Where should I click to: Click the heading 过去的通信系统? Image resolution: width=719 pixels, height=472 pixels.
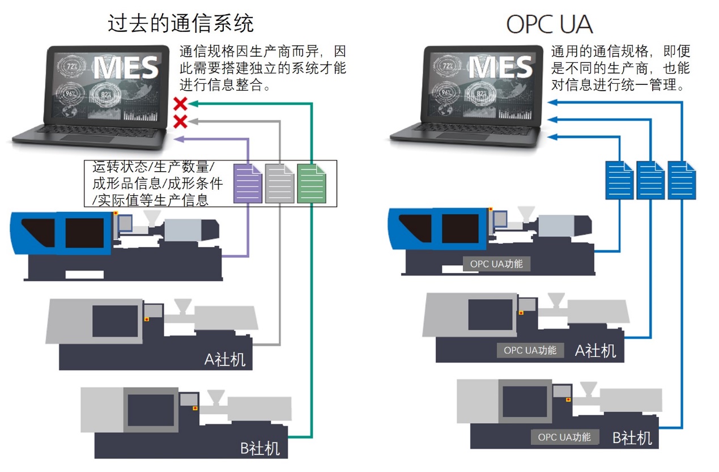pyautogui.click(x=180, y=23)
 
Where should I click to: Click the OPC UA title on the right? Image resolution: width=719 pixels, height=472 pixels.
pyautogui.click(x=548, y=24)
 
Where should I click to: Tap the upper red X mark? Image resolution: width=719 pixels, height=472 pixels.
pyautogui.click(x=180, y=104)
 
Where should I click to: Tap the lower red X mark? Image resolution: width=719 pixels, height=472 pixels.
pyautogui.click(x=180, y=121)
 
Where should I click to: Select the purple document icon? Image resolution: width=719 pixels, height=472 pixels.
pyautogui.click(x=248, y=183)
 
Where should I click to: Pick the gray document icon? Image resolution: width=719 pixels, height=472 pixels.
pyautogui.click(x=280, y=183)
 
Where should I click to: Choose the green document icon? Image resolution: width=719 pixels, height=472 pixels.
pyautogui.click(x=312, y=183)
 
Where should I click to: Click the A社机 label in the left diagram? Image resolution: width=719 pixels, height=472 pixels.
pyautogui.click(x=225, y=359)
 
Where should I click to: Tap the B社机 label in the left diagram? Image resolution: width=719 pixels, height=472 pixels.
pyautogui.click(x=260, y=449)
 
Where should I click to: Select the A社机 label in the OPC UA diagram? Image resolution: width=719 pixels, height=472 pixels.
pyautogui.click(x=595, y=351)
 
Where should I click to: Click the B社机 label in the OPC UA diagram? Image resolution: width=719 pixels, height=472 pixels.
pyautogui.click(x=632, y=438)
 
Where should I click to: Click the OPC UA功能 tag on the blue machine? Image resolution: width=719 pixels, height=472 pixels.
pyautogui.click(x=496, y=264)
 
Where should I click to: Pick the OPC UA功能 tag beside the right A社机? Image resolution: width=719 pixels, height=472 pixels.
pyautogui.click(x=530, y=350)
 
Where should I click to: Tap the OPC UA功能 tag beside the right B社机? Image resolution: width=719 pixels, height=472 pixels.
pyautogui.click(x=564, y=437)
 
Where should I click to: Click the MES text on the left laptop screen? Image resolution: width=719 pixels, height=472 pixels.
pyautogui.click(x=126, y=68)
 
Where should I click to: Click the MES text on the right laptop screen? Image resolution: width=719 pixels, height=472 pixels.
pyautogui.click(x=501, y=68)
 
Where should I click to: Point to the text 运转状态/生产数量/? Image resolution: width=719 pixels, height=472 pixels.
pyautogui.click(x=153, y=168)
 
